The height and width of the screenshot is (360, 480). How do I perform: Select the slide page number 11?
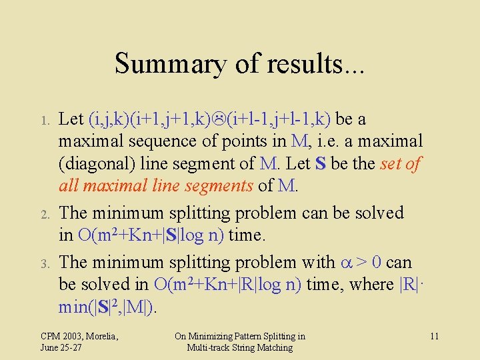tap(434, 336)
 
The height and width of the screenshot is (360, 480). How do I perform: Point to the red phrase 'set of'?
tap(399, 164)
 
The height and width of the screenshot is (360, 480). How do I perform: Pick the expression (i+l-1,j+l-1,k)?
tap(279, 119)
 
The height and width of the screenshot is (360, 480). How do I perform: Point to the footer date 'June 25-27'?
tap(61, 347)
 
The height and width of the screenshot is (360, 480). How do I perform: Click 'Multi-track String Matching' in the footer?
tap(240, 347)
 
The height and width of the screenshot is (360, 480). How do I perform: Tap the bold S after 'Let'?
tap(321, 164)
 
